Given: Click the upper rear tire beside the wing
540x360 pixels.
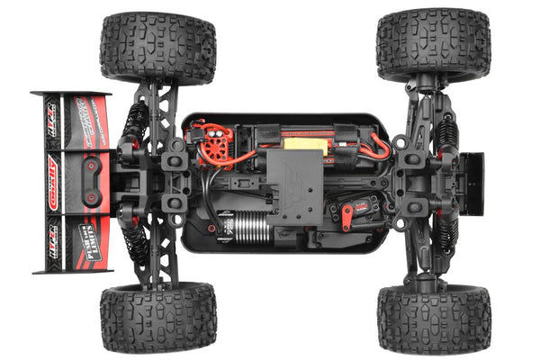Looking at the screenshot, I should pos(158,47).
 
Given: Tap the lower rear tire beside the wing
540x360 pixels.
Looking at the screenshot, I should pos(158,318).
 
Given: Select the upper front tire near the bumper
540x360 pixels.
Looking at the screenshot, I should pos(434,45).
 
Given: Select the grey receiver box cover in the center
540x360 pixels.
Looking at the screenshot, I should pos(292,184).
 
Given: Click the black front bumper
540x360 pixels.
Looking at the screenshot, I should pos(472,184).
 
